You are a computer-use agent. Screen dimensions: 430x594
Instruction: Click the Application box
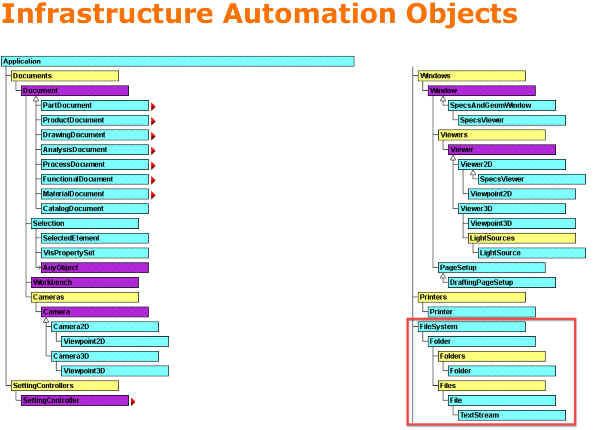pos(177,61)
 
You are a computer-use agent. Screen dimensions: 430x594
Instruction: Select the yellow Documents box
pos(64,76)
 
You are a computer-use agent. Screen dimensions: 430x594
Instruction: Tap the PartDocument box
pos(95,105)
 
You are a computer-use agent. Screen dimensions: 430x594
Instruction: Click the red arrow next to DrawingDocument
pos(153,136)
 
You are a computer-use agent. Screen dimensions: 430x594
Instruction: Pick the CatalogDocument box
pos(95,209)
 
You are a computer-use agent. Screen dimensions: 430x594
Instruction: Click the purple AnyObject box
pos(95,268)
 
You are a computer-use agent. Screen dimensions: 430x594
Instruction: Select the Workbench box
pos(85,283)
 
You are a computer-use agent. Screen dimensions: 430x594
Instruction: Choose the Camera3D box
pos(105,356)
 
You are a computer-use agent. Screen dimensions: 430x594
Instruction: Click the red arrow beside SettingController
pos(133,402)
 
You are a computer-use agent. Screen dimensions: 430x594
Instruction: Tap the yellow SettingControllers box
pos(64,386)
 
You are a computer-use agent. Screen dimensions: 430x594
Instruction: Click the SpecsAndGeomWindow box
pos(501,105)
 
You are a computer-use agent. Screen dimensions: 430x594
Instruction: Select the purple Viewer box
pos(501,150)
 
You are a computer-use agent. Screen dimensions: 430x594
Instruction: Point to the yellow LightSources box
pos(521,238)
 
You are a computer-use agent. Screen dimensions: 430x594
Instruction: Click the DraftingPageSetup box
pos(501,283)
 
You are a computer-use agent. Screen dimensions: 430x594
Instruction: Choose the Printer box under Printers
pos(481,312)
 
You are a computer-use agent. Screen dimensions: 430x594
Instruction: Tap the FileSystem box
pos(471,327)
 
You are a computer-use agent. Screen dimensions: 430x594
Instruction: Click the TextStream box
pos(511,415)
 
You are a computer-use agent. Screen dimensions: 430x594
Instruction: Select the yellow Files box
pos(491,386)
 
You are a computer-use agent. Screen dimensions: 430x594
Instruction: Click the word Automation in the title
pos(309,14)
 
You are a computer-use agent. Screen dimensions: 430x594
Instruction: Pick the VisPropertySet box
pos(95,253)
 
